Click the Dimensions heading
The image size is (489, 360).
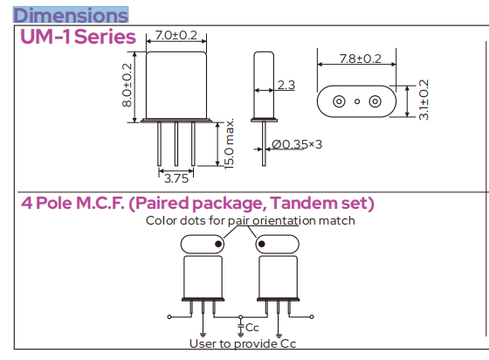[71, 15]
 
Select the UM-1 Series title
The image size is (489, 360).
[78, 37]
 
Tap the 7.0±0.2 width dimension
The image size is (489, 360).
[176, 35]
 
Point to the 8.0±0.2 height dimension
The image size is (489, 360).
[127, 85]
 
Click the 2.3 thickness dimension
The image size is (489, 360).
[286, 85]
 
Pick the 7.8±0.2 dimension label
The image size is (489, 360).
[360, 59]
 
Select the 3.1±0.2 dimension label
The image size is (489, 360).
[424, 100]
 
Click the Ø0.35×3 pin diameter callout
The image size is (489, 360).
[297, 144]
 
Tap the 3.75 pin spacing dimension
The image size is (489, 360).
[176, 178]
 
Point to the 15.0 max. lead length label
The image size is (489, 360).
[229, 144]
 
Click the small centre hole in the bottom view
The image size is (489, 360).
[357, 101]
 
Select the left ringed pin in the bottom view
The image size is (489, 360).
[339, 101]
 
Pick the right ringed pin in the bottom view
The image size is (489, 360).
[375, 101]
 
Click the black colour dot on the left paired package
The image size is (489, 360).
[218, 244]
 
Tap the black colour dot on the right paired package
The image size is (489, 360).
[262, 244]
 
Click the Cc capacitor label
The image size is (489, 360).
[252, 328]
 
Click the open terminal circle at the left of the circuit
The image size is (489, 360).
[169, 317]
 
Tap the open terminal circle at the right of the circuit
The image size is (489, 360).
[312, 317]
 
